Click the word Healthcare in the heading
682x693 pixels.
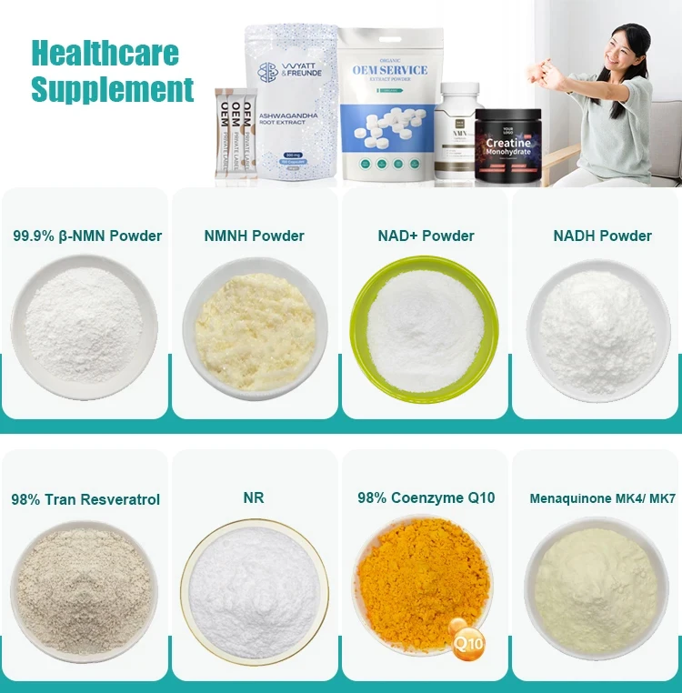105,53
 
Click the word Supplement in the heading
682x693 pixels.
113,90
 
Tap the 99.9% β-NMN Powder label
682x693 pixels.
87,236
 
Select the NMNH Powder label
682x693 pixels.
255,236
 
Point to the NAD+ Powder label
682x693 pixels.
426,236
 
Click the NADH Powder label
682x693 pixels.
602,236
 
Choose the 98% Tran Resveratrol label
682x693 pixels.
85,499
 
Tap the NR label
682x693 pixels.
255,498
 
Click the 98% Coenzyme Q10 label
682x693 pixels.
426,498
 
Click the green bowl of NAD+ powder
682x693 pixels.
425,327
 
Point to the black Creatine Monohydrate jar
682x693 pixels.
508,146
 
